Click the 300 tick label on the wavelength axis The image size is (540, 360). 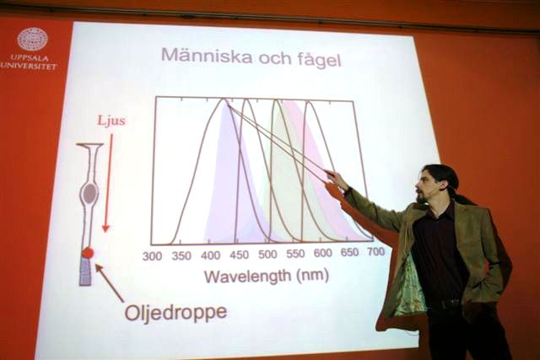coord(152,256)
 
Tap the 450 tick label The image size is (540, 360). coord(239,255)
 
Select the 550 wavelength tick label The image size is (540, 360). coord(295,254)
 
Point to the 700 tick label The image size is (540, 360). coord(375,251)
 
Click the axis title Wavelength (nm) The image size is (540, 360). coord(267,276)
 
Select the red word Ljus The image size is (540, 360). coord(111,121)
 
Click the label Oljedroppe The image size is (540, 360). coord(176,313)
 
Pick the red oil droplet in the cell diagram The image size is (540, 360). coord(88,253)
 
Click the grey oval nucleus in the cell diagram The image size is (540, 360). coord(89,193)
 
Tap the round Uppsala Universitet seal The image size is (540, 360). coord(33,39)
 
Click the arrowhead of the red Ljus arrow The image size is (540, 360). coord(105,228)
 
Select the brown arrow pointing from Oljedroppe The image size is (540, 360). coord(109,282)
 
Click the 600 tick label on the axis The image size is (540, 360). coord(322,253)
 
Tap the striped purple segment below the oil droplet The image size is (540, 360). coord(86,271)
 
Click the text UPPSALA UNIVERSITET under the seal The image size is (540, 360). coord(29,62)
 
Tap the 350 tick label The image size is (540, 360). coord(181,255)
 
